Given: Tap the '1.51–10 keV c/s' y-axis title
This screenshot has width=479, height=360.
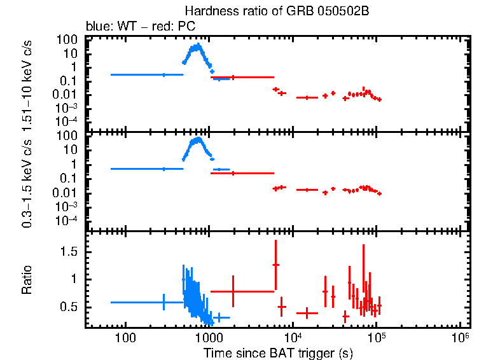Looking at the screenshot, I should click(x=27, y=83).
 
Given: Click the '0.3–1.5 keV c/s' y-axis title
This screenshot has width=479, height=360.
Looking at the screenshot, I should click(x=27, y=180).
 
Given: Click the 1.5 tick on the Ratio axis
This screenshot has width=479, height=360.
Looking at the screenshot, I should click(x=71, y=252).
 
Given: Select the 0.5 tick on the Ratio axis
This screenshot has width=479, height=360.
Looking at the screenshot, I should click(x=71, y=307).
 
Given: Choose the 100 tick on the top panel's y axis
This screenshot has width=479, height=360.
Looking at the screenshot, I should click(x=68, y=39).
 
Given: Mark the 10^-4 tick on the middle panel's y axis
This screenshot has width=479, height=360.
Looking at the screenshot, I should click(x=67, y=220).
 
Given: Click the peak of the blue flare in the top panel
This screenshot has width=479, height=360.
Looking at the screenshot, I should click(x=198, y=45).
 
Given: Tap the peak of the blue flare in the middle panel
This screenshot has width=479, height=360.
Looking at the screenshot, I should click(x=198, y=139).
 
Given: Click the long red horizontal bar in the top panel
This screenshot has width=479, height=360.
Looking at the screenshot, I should click(x=242, y=77).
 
